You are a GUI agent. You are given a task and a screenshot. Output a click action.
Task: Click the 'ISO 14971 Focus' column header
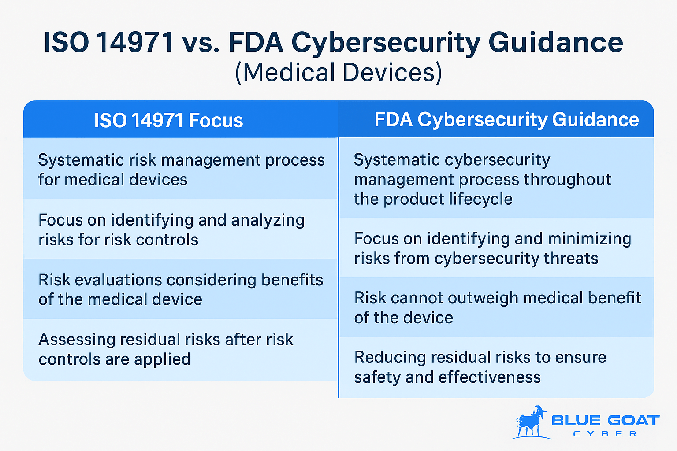(x=168, y=120)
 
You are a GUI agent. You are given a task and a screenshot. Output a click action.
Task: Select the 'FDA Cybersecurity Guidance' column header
(x=506, y=119)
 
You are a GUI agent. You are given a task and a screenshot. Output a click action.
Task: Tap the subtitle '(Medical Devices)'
(x=338, y=72)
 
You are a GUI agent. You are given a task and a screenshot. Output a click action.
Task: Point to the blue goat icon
(x=531, y=422)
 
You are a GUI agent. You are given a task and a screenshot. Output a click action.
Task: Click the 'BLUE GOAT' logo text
(x=605, y=420)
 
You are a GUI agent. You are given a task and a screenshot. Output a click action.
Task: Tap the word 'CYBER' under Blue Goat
(x=605, y=434)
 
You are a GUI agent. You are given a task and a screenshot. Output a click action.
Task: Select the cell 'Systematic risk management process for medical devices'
(x=181, y=170)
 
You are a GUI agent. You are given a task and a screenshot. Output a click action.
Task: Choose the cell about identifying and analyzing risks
(x=181, y=229)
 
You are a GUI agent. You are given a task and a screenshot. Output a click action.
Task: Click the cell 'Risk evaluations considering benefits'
(x=181, y=289)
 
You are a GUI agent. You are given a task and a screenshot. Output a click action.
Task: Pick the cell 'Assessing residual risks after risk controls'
(x=181, y=349)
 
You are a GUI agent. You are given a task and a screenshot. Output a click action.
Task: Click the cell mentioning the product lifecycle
(x=496, y=179)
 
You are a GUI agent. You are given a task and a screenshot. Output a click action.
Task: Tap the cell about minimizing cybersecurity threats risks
(x=496, y=248)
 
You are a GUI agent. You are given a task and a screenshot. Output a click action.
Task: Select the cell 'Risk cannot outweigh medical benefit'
(x=496, y=307)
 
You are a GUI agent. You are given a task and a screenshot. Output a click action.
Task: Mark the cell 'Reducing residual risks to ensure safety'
(x=496, y=367)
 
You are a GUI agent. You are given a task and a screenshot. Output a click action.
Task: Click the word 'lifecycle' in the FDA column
(x=480, y=200)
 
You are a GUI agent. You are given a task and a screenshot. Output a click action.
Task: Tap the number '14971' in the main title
(x=135, y=43)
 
